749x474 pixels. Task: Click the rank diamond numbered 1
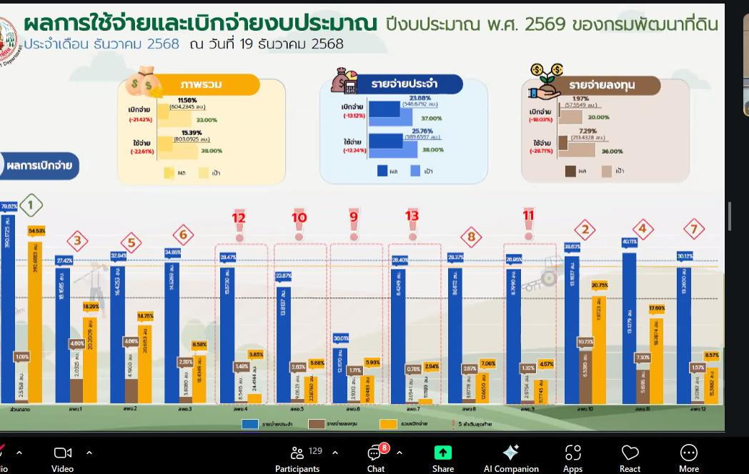(x=30, y=206)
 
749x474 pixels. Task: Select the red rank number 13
(x=412, y=217)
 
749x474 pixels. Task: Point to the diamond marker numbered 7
(x=693, y=229)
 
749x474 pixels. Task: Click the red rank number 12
(x=239, y=217)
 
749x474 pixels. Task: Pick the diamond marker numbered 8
(x=471, y=237)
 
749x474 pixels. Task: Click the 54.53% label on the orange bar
(x=36, y=231)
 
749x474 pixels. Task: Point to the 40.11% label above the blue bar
(x=629, y=242)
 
